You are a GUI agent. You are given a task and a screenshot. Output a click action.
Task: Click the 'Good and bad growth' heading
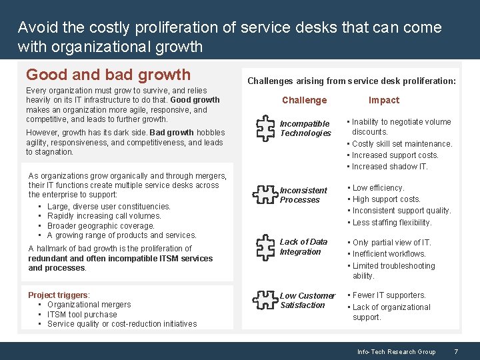(x=108, y=75)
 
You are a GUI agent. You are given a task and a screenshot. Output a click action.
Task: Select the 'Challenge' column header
(x=304, y=100)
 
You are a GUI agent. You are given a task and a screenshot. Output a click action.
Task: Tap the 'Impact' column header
(x=384, y=100)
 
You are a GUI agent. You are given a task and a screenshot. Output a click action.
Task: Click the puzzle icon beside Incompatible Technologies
(x=265, y=128)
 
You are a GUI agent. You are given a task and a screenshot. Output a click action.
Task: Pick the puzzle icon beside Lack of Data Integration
(x=265, y=247)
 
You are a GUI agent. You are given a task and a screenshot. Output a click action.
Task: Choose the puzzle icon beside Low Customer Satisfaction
(x=265, y=300)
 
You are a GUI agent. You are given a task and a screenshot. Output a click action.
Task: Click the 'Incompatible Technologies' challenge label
(x=305, y=129)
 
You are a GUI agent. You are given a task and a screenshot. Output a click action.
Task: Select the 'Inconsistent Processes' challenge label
(x=303, y=195)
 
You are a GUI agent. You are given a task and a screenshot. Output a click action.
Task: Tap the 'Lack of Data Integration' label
(x=303, y=247)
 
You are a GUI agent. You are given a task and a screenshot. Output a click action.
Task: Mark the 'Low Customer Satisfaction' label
(x=307, y=301)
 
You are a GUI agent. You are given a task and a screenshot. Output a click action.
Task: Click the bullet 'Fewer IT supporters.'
(x=389, y=295)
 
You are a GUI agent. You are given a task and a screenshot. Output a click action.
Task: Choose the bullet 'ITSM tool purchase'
(x=82, y=315)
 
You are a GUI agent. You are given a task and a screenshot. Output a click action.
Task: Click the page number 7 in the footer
(x=455, y=351)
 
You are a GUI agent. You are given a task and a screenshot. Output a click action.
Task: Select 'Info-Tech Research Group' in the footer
(x=396, y=351)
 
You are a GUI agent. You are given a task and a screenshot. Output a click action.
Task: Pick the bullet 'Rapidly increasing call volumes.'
(x=104, y=216)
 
